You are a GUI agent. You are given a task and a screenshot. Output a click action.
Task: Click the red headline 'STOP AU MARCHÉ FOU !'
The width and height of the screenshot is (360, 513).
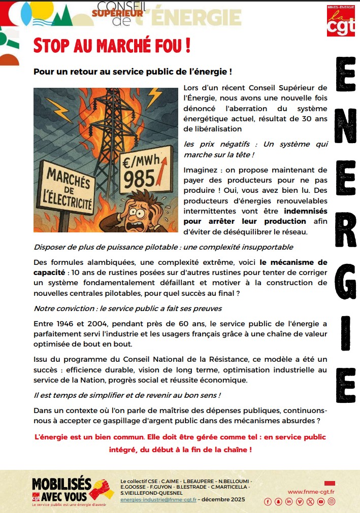[x=112, y=45]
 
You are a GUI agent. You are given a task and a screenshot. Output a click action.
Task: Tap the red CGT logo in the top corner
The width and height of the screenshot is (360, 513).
[x=341, y=21]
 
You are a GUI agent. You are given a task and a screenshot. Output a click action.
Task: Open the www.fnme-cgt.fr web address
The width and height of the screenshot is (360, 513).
[x=311, y=492]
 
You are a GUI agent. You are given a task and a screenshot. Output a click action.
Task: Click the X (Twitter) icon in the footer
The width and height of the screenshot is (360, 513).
[x=310, y=502]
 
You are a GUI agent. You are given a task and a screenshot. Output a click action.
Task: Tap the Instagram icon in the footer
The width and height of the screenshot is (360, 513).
[x=332, y=502]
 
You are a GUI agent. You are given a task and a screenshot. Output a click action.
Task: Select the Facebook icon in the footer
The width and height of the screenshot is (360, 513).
[x=268, y=502]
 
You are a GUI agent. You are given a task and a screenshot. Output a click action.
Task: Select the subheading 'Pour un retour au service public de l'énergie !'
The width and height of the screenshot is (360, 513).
[x=133, y=72]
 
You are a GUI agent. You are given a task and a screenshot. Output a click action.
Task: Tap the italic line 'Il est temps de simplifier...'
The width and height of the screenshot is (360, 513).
[x=127, y=395]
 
